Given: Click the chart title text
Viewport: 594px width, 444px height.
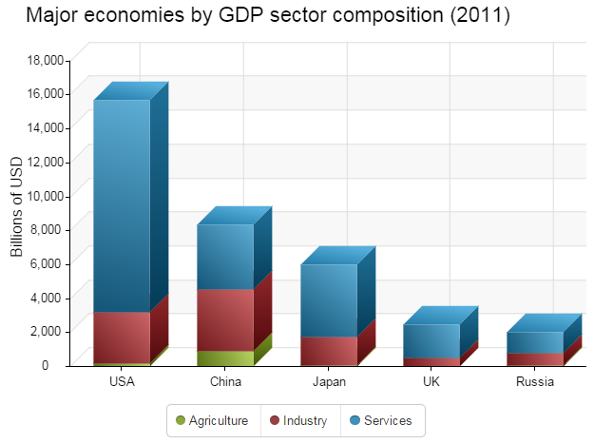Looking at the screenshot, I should click(x=268, y=16).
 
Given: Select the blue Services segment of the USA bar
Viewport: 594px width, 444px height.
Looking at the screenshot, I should click(x=122, y=204).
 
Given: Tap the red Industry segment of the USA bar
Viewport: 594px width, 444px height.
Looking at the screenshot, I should click(x=122, y=337).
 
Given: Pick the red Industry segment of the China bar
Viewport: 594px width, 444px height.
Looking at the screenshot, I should click(x=225, y=319).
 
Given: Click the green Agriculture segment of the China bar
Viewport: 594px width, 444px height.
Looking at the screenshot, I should click(x=225, y=357).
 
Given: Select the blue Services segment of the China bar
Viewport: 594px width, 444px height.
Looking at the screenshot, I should click(x=225, y=257).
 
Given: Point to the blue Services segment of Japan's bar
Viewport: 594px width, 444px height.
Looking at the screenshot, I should click(x=329, y=299).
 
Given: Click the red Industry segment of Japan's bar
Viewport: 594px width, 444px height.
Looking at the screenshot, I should click(x=329, y=350).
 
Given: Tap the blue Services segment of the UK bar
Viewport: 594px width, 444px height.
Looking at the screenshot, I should click(x=431, y=340).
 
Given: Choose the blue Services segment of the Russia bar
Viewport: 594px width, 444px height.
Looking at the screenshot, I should click(x=535, y=342).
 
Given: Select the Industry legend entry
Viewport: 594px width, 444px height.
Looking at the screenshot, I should click(x=298, y=420).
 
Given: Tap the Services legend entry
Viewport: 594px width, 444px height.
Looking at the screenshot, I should click(x=381, y=420).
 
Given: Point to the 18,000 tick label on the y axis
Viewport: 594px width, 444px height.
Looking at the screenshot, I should click(x=44, y=60).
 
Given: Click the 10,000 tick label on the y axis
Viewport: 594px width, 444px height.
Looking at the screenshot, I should click(x=44, y=196).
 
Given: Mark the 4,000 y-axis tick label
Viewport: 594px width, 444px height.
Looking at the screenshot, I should click(x=47, y=298).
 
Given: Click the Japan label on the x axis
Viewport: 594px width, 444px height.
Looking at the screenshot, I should click(x=329, y=382).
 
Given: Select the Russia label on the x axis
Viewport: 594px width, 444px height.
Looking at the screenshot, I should click(x=535, y=382).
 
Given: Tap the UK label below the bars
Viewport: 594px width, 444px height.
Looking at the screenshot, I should click(x=431, y=382).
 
